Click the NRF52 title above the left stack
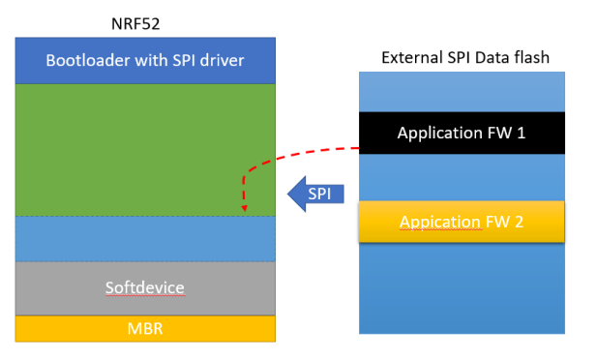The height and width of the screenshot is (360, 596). pos(135,24)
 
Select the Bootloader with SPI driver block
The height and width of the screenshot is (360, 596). pos(145,60)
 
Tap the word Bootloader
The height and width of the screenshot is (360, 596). pos(88,60)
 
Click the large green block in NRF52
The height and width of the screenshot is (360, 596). pos(145,150)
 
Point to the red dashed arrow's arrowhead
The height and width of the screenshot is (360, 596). pos(244,208)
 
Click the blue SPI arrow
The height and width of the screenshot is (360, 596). pos(315,194)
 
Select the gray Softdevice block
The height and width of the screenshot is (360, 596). pos(145,288)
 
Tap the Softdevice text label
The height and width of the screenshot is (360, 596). pos(145,287)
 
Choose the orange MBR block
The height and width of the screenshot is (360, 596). pos(145,329)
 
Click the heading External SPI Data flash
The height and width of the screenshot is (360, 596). pos(465,58)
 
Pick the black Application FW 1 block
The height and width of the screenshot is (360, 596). pos(462,133)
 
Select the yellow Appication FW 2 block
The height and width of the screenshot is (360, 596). pos(462,222)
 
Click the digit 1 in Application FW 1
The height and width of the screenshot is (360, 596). pos(521,133)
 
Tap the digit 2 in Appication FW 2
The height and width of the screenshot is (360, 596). pos(519,222)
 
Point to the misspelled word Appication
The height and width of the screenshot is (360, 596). pos(440,223)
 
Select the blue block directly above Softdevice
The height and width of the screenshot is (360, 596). pos(145,239)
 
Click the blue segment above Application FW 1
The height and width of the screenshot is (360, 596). pos(462,92)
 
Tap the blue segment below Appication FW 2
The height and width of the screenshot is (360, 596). pos(462,288)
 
